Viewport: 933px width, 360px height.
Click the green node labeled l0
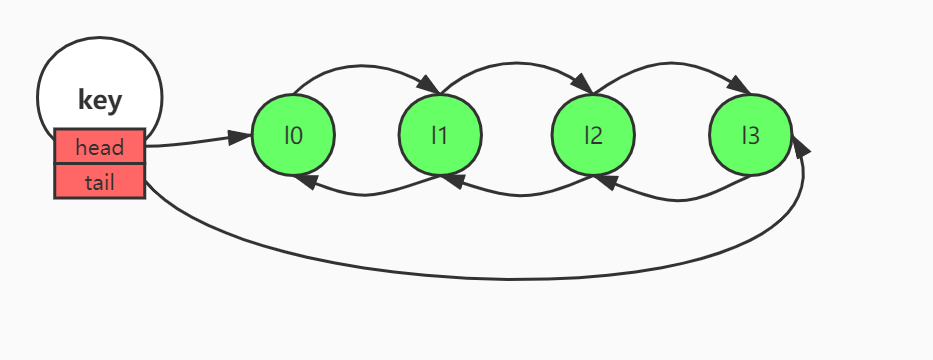293,134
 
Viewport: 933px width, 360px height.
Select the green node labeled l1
439,134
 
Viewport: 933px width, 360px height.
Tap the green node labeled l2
593,134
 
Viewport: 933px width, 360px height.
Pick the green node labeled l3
750,134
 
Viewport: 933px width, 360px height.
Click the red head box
100,147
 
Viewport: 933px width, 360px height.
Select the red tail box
100,182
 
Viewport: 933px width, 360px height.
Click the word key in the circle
99,100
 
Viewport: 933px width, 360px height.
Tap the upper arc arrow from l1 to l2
515,67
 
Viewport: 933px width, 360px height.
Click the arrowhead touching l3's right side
801,148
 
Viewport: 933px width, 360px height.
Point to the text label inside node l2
593,134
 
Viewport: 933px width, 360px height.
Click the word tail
100,182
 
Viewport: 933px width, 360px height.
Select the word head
100,148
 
